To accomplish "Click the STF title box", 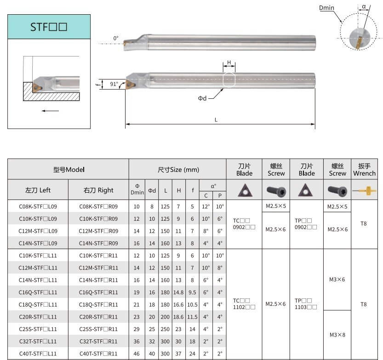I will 49,27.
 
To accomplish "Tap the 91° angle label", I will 114,84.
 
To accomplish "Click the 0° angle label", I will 116,39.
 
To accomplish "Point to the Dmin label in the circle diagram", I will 327,8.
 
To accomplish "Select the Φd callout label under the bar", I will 202,98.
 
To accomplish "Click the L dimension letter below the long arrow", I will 216,120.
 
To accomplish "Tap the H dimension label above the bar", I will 229,63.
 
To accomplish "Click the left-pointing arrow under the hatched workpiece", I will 50,110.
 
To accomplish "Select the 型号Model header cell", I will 69,170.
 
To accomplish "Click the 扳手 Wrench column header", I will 364,170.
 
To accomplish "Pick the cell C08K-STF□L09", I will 38,206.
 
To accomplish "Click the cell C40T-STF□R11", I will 98,354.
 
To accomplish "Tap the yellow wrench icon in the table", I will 364,190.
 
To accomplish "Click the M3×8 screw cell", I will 337,335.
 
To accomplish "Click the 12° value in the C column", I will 206,206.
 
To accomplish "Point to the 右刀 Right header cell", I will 98,190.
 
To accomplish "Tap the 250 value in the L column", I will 165,329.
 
